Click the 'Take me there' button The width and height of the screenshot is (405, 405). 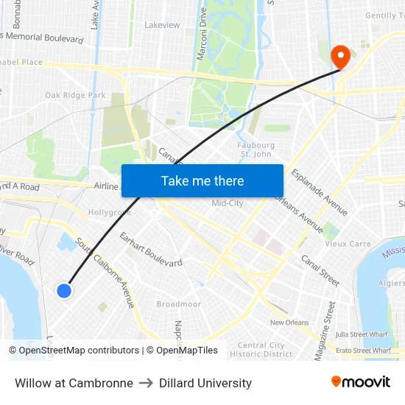tap(202, 180)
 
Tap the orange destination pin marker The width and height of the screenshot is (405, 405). tap(340, 57)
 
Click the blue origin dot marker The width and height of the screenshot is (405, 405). tap(64, 291)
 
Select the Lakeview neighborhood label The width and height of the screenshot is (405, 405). tap(162, 25)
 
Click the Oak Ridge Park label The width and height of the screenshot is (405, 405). tap(75, 95)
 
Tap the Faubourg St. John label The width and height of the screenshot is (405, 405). tap(256, 149)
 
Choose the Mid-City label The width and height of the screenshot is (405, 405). tap(227, 203)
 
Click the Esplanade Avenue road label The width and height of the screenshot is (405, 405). tap(320, 193)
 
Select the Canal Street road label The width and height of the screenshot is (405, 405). tap(320, 270)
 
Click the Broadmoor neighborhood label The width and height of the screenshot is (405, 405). tap(178, 304)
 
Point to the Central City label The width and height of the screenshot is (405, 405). tap(261, 345)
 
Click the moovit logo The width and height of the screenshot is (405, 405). tap(360, 382)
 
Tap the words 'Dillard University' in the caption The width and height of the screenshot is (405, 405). tap(205, 383)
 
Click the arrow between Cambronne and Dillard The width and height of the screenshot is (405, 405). tap(146, 383)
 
